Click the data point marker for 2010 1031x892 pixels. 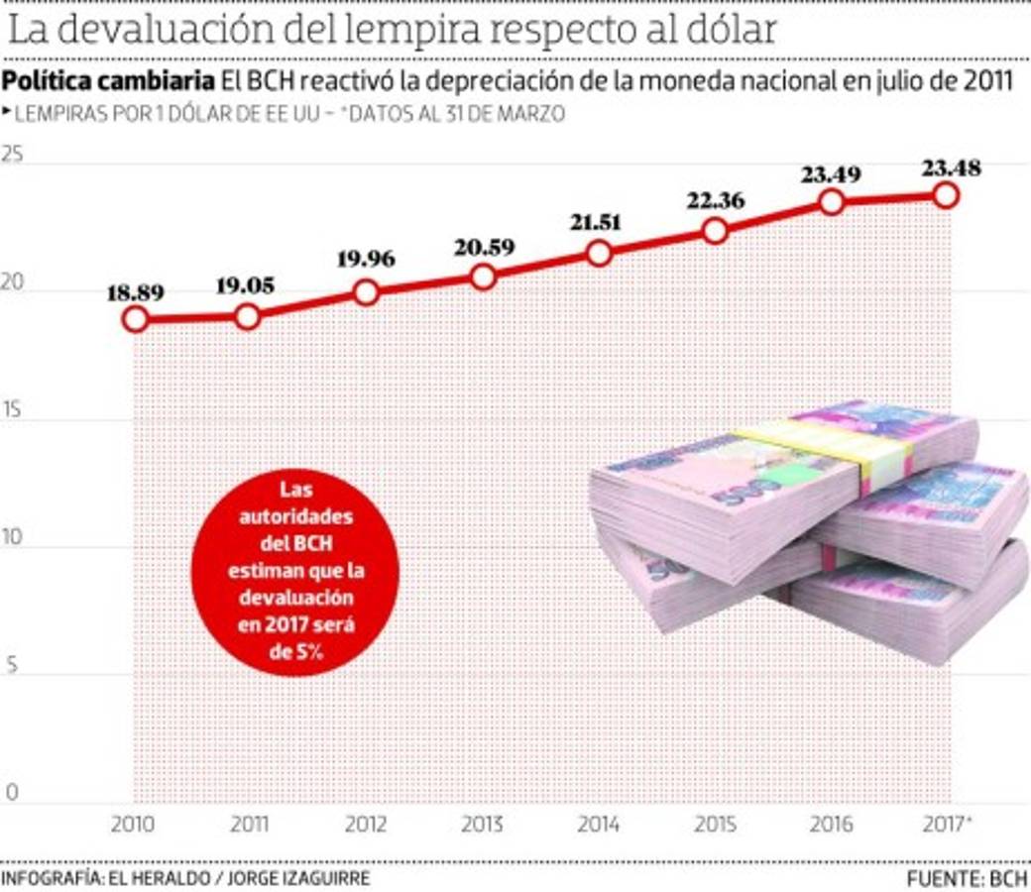click(136, 319)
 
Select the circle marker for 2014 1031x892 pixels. click(600, 254)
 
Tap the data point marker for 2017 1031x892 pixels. click(947, 195)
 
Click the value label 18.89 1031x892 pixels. click(136, 292)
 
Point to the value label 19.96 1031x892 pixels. click(366, 260)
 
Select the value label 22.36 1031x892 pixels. click(716, 198)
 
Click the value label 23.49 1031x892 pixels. click(832, 174)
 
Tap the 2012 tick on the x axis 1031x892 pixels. click(366, 825)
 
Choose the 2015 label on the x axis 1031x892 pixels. click(716, 825)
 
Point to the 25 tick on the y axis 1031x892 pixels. click(12, 155)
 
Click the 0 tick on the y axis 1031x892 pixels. click(12, 791)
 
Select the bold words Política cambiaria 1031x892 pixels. click(106, 82)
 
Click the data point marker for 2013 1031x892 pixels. click(483, 278)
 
